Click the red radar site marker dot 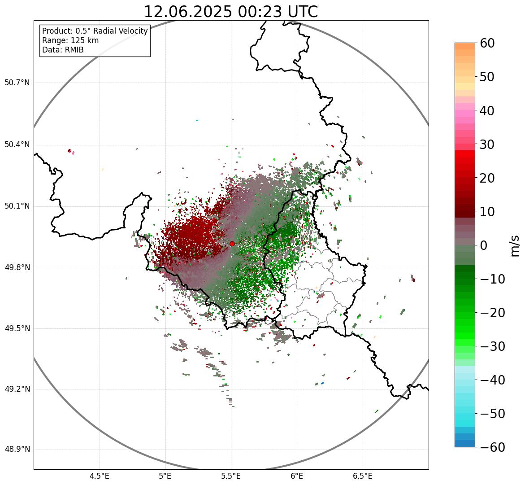pos(232,244)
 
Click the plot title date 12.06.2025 pos(188,12)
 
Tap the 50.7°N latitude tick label pos(17,83)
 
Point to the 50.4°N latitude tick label pos(17,145)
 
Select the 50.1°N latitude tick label pos(17,206)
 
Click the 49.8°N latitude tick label pos(17,268)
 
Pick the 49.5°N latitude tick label pos(17,328)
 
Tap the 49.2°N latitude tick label pos(17,389)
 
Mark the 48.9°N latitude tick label pos(17,450)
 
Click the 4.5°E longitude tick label pos(100,476)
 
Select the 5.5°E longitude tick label pos(231,476)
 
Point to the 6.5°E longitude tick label pos(362,476)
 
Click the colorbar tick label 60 pos(487,43)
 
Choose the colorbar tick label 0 pos(484,245)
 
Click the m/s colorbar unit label pos(514,245)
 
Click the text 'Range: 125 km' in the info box pos(70,40)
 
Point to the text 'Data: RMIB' pos(63,50)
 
